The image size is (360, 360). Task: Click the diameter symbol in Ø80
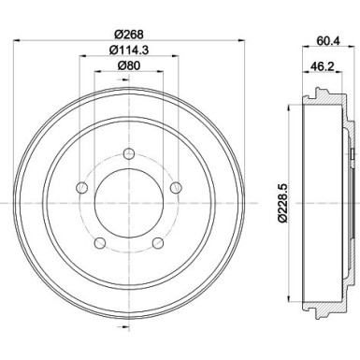point(119,64)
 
